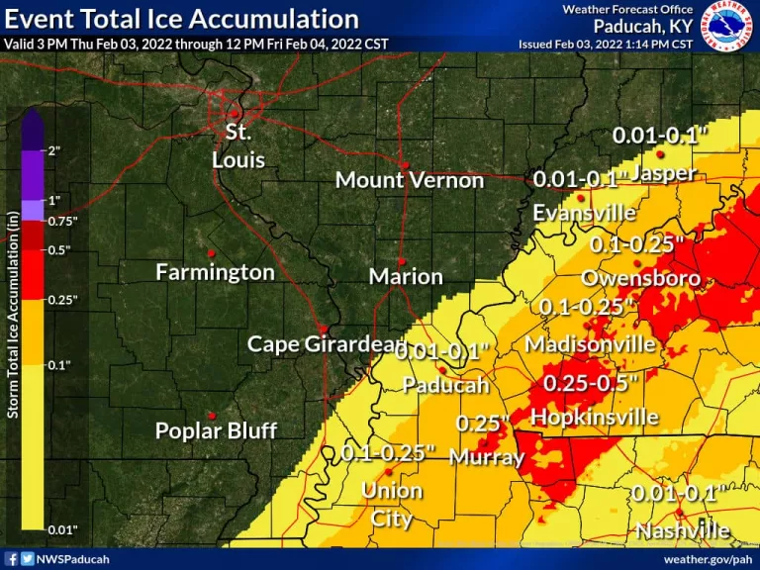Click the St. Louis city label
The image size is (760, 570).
tap(237, 144)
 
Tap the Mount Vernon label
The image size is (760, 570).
tap(409, 180)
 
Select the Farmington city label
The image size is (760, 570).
tap(215, 272)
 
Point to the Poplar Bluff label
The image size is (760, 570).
tap(216, 431)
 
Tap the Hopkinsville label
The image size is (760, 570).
tap(595, 418)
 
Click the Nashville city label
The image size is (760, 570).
tap(683, 531)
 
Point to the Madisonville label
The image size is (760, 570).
tap(590, 344)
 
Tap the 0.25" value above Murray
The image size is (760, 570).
tap(482, 424)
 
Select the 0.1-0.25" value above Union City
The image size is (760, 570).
tap(388, 453)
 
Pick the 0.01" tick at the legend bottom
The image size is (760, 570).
tap(61, 530)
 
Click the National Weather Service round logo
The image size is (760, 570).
tap(728, 26)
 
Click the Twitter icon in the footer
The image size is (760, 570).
tap(27, 559)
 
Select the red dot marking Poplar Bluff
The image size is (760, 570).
tap(211, 415)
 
